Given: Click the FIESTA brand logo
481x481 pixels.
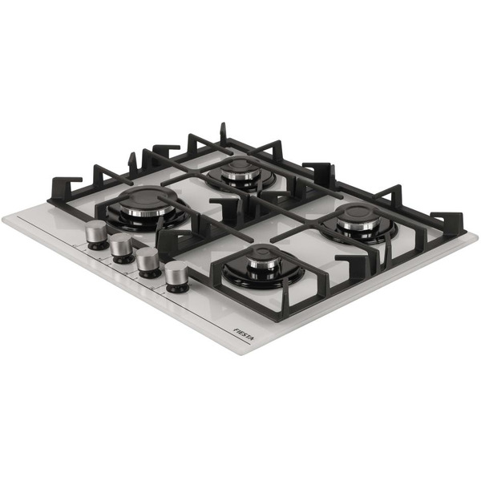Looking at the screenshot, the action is (x=245, y=334).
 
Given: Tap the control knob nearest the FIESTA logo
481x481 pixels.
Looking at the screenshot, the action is (x=176, y=277).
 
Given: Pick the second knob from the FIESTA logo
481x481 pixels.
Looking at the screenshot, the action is (x=148, y=262).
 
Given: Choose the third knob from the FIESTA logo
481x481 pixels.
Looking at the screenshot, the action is (x=122, y=248).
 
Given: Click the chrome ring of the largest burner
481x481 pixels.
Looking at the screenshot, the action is (x=147, y=211).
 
